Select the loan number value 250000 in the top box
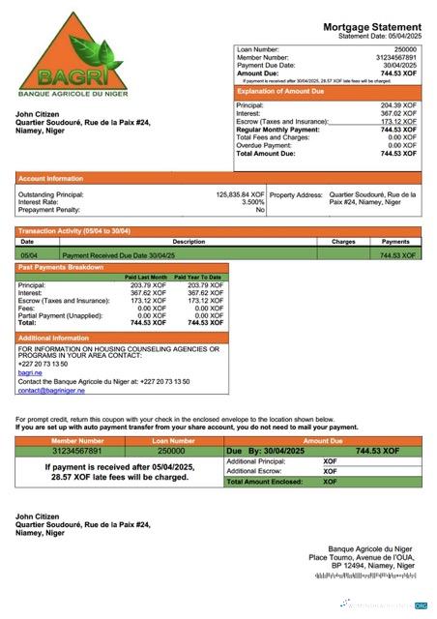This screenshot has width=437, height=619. [405, 49]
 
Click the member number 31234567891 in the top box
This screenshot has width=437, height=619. [395, 57]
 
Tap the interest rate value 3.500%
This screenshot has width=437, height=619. [252, 202]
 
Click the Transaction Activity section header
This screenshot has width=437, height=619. [73, 231]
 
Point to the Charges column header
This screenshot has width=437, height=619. [343, 241]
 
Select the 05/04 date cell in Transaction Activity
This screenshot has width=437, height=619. [29, 255]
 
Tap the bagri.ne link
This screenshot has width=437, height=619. [29, 372]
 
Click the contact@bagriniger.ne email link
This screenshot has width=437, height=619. [51, 391]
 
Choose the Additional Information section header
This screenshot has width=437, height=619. [54, 338]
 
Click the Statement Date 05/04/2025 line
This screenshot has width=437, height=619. [380, 36]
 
